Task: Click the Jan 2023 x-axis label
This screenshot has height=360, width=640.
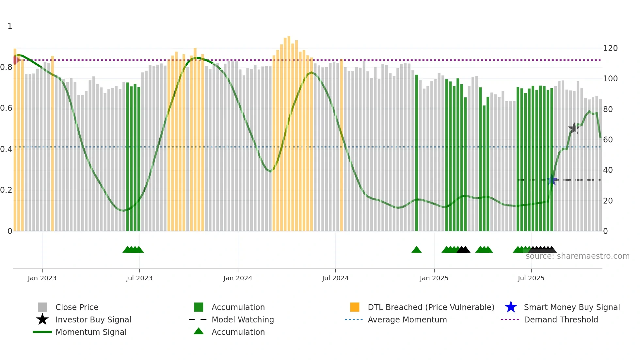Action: pos(42,278)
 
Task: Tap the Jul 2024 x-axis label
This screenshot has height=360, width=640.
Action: pos(335,278)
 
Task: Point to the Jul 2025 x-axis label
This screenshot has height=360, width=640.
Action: pos(531,278)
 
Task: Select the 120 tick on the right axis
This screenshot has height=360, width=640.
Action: pos(610,48)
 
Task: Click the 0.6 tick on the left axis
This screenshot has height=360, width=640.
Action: pos(6,108)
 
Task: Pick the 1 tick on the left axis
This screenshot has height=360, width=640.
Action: pos(10,26)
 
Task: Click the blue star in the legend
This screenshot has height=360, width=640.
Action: pos(511,307)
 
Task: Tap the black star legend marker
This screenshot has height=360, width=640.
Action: pos(42,319)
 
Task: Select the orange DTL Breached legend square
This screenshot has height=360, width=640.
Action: pos(355,307)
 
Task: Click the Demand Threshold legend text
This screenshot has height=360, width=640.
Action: pos(561,319)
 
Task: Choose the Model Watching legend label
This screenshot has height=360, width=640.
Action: pos(243,319)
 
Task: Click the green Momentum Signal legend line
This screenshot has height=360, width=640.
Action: pos(42,332)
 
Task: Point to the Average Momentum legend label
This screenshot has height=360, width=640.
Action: pos(407,319)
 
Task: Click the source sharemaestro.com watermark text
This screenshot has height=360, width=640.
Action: pos(577,256)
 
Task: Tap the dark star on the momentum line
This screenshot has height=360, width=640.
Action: pos(574,128)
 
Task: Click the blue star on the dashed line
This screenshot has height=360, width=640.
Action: pos(552,180)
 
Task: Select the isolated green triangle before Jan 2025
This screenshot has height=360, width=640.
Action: pos(416,250)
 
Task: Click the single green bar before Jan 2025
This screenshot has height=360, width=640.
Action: pos(416,154)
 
